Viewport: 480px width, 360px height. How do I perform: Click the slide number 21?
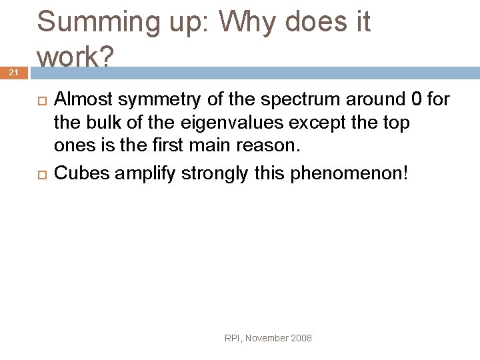click(14, 73)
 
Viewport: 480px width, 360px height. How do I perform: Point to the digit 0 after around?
click(417, 100)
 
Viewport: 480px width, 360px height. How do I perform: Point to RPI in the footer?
click(232, 338)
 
